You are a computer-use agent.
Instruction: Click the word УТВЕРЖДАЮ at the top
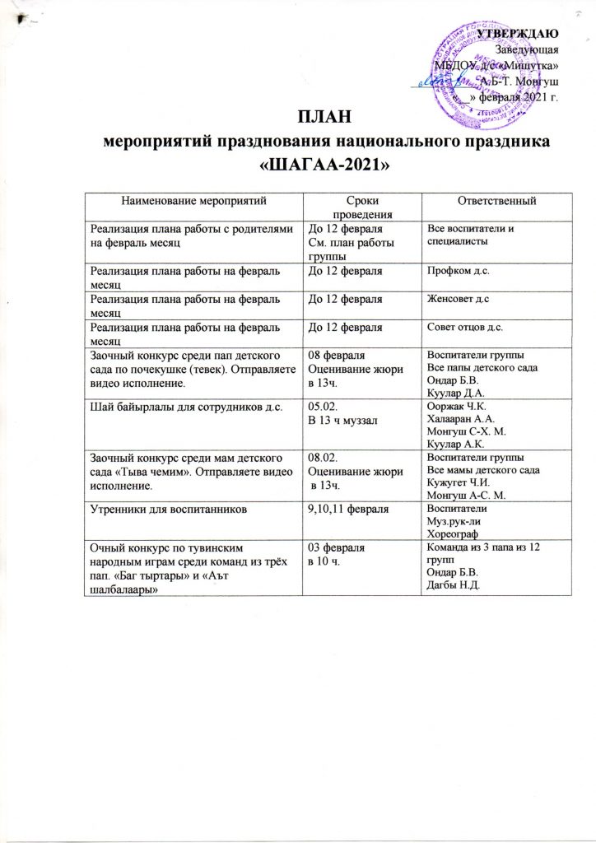click(x=526, y=32)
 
